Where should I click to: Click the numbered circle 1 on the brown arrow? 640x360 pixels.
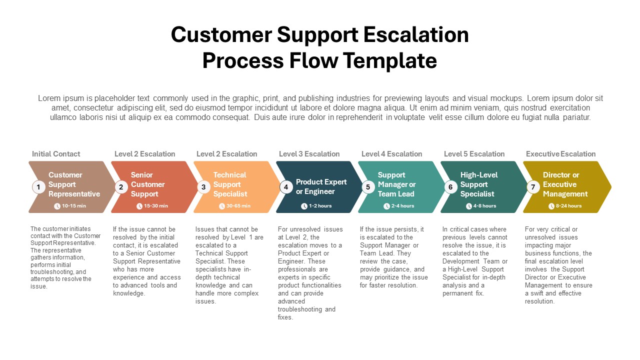[38, 187]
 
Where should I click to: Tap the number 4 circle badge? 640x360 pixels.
[285, 187]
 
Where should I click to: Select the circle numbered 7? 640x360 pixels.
[533, 187]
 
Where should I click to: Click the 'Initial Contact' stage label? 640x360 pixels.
[56, 154]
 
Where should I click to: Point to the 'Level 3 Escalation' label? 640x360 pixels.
[309, 154]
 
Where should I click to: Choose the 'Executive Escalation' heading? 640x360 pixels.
[560, 154]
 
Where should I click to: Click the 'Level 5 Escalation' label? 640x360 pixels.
[474, 154]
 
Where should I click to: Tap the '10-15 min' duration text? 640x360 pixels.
[74, 206]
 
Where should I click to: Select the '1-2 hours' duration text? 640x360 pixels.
[320, 206]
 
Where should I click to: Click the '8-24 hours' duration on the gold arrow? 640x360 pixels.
[568, 206]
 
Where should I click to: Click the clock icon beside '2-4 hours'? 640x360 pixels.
[386, 206]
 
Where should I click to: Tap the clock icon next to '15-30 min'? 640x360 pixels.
[139, 206]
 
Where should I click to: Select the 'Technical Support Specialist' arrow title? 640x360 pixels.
[229, 184]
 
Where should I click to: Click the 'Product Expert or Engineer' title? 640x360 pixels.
[321, 186]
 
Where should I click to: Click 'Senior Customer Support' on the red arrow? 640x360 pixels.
[147, 184]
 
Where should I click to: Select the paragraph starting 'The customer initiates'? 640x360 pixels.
[65, 257]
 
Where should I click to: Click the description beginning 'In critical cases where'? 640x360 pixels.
[475, 261]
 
